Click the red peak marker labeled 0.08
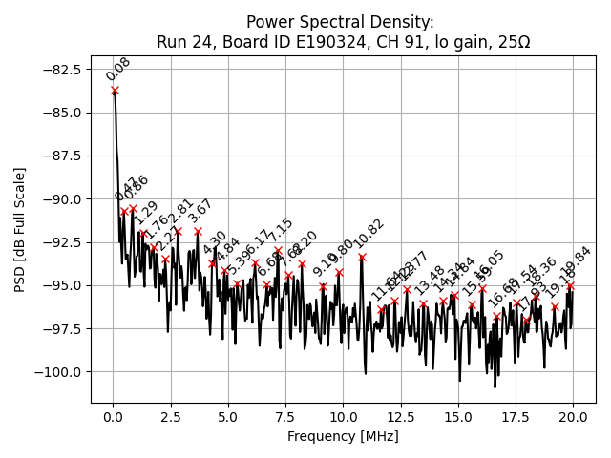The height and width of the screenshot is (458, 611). (115, 91)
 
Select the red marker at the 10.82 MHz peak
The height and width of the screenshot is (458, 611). (362, 257)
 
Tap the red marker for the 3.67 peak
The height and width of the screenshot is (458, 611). (198, 231)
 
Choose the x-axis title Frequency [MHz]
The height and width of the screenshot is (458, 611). (343, 437)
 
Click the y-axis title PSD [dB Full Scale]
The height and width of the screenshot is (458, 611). (20, 229)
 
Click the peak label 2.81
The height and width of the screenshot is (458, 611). (181, 211)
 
